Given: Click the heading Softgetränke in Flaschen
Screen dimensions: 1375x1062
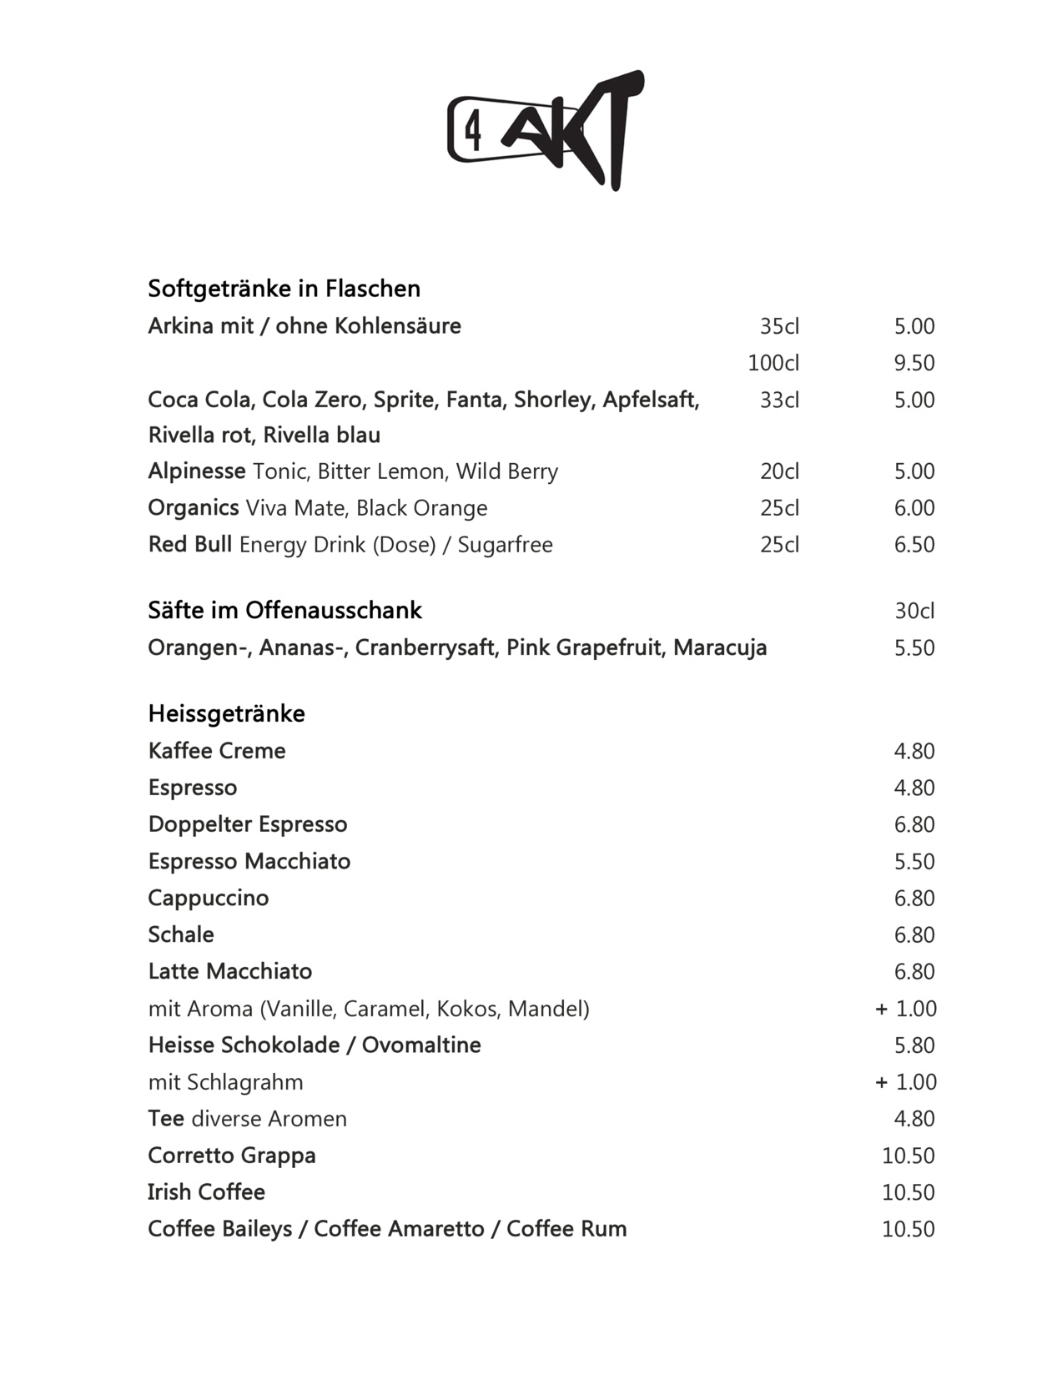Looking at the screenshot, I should coord(284,289).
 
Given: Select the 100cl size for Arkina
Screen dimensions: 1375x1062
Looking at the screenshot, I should coord(773,363).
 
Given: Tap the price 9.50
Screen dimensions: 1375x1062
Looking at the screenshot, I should coord(914,363).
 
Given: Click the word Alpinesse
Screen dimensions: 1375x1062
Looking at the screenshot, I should coord(197,471).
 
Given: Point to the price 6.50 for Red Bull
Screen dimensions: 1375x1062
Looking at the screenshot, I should coord(914,545).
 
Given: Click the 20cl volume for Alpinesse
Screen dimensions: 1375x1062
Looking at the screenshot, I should coord(779,471).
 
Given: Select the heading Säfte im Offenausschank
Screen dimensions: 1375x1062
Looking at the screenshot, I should coord(284,611).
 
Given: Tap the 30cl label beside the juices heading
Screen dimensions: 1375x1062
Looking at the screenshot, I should coord(914,611).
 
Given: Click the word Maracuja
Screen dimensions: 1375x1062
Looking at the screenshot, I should coord(720,647).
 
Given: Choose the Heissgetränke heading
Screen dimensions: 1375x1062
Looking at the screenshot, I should coord(226,713).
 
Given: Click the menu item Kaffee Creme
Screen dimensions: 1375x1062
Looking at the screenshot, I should coord(217,751).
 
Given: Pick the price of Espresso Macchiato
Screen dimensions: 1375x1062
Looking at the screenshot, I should coord(914,861).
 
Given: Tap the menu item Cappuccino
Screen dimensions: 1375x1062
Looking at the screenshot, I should coord(209,899).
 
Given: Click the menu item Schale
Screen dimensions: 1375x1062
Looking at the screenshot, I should coord(181,934).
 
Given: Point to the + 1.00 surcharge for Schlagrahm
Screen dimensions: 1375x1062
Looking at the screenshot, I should coord(906,1082).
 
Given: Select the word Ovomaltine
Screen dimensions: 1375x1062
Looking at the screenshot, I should coord(421,1045).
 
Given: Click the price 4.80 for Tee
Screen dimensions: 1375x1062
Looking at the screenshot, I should coord(914,1119).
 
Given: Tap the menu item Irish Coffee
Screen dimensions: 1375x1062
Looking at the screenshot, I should coord(206,1192).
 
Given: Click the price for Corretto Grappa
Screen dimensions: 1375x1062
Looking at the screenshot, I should coord(908,1156).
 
